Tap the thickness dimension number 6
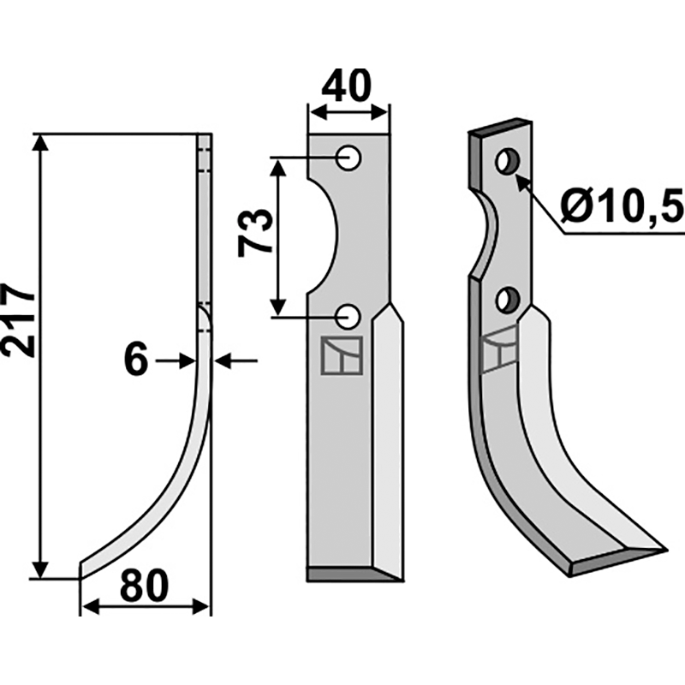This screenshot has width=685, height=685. coord(136,360)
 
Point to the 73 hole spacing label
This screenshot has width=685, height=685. coord(256,232)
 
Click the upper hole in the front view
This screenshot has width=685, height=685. coord(348,157)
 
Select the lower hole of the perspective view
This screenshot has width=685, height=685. coord(509,300)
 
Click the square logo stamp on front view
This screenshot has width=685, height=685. coord(342,354)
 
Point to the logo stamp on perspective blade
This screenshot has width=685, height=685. coord(499,351)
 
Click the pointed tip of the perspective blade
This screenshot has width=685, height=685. coord(664,545)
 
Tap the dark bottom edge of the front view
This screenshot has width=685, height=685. coord(351,575)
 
